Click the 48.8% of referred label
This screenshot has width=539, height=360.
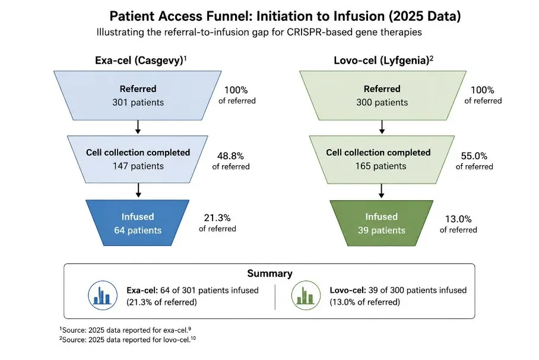[231, 161]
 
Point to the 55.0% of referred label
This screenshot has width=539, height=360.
[474, 161]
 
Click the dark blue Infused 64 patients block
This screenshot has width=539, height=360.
[138, 223]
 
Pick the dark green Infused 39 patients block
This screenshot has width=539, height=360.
[382, 223]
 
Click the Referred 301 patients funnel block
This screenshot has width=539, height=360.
[138, 95]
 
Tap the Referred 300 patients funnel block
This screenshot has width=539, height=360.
[383, 95]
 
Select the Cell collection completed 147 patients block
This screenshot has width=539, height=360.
[138, 159]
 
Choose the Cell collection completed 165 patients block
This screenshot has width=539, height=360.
[382, 159]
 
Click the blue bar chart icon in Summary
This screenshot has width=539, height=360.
[103, 295]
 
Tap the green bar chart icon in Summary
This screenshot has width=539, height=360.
[306, 295]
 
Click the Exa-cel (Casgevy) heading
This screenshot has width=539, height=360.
[141, 61]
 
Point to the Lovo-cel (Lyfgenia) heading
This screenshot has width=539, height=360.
[383, 61]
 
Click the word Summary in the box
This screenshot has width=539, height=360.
[270, 273]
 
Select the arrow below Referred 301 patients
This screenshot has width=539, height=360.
[138, 127]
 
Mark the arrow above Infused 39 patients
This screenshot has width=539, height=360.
[381, 191]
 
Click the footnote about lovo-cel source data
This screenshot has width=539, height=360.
[128, 339]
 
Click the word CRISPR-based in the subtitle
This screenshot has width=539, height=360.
[319, 32]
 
